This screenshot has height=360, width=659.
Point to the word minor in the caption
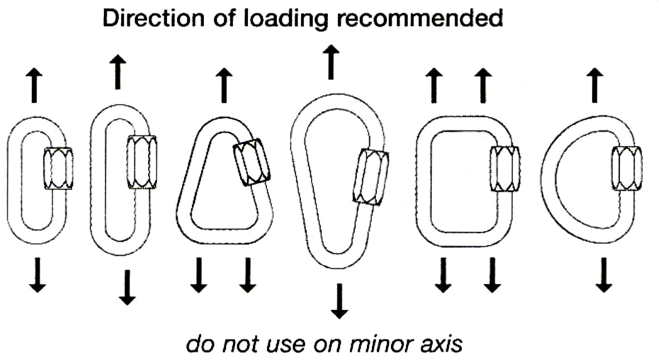(x=380, y=344)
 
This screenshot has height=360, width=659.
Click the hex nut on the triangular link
(x=252, y=162)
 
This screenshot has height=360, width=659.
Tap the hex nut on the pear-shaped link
(x=370, y=177)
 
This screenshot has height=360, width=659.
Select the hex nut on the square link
(x=504, y=169)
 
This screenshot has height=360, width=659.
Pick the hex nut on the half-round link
(x=627, y=169)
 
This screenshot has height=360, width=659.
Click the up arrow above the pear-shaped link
(x=331, y=62)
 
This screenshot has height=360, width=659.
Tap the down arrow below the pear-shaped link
(x=339, y=301)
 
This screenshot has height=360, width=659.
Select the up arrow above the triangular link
(x=223, y=86)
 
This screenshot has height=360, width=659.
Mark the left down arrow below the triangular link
(x=198, y=275)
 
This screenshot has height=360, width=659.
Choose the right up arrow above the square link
(x=483, y=86)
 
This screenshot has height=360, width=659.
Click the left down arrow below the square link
(x=442, y=275)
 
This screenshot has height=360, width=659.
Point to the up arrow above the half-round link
(x=594, y=86)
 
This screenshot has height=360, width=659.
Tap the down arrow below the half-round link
(x=604, y=275)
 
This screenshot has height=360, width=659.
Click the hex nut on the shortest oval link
(x=58, y=168)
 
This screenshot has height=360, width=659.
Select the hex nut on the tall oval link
(x=142, y=162)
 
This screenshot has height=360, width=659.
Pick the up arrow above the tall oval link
(x=118, y=72)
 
